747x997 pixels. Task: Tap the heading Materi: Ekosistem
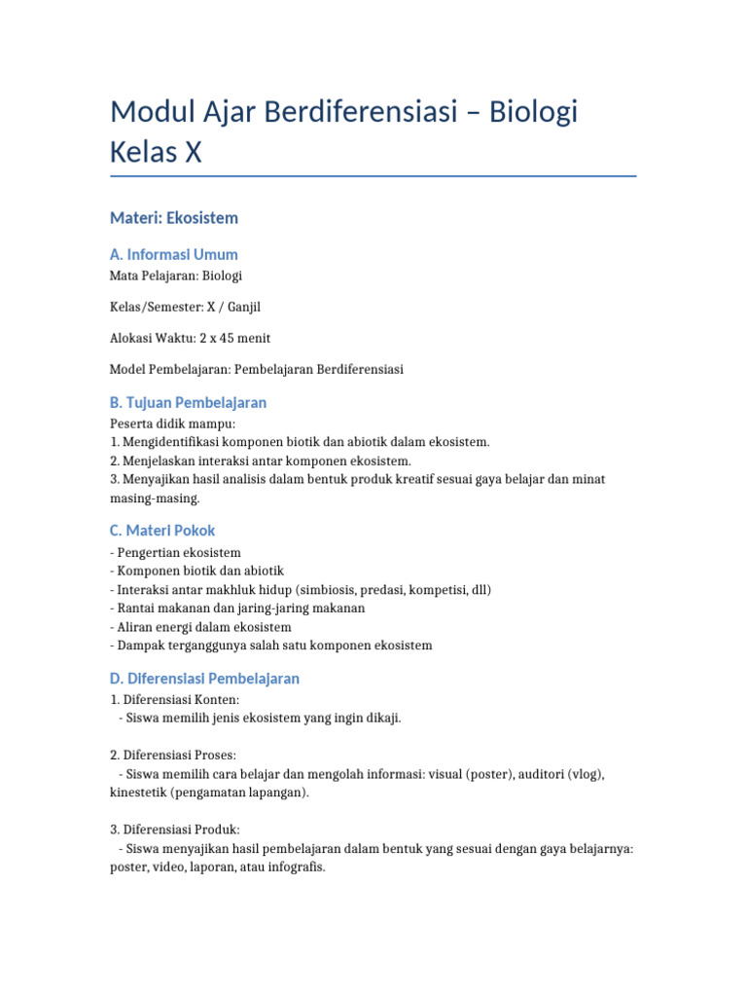coord(174,218)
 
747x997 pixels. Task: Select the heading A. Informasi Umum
coord(174,254)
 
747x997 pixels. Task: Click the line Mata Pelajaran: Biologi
coord(176,276)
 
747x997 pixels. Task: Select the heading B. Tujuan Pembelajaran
coord(189,402)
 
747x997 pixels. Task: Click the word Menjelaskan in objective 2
coord(158,461)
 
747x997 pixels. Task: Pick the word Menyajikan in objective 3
coord(156,479)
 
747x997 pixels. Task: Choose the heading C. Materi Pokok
coord(162,531)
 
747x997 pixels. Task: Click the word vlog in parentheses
coord(587,774)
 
